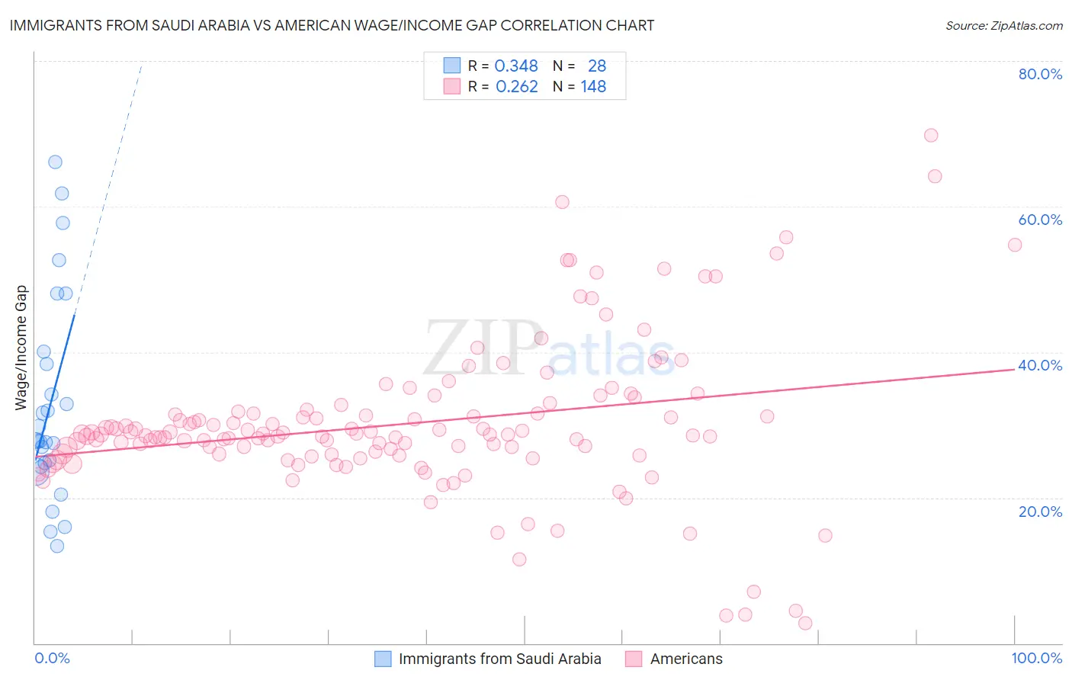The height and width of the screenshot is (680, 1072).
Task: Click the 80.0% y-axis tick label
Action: (1040, 74)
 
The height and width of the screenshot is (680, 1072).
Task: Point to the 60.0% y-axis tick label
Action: (1040, 220)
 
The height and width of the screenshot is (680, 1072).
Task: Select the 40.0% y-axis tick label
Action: (1040, 365)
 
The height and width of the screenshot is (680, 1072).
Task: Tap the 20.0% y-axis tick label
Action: (1040, 511)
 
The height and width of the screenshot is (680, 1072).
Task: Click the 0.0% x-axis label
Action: (52, 658)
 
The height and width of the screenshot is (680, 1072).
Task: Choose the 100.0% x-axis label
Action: (1036, 658)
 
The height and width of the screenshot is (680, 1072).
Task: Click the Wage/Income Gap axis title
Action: (21, 348)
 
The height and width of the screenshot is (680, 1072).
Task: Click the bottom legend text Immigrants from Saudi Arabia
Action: (499, 659)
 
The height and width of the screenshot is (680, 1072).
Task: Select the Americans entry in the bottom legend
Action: (686, 659)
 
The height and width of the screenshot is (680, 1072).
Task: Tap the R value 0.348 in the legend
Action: (516, 66)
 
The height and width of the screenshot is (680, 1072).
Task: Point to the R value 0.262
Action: (516, 87)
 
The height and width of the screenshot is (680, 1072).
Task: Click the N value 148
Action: (593, 87)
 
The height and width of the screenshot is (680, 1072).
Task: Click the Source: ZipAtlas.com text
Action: (1003, 26)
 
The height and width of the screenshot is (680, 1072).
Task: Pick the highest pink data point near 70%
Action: (931, 136)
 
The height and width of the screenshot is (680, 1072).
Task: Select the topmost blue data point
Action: (55, 162)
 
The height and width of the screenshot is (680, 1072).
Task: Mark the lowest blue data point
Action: (56, 546)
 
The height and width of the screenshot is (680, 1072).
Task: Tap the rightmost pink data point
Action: (1015, 245)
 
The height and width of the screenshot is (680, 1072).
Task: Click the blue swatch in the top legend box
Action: (452, 66)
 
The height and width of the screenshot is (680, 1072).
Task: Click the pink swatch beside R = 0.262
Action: (452, 87)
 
